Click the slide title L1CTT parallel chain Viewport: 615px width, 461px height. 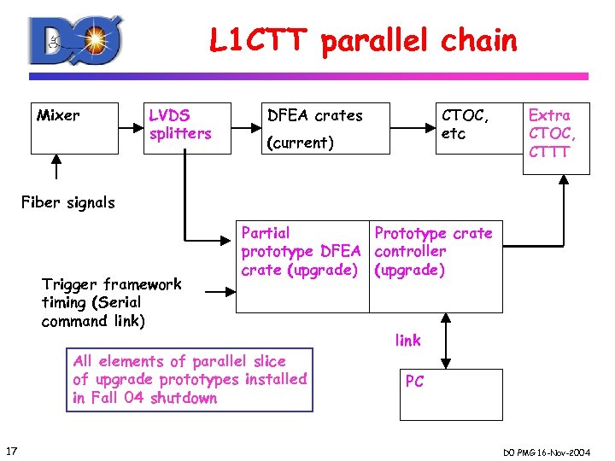pyautogui.click(x=363, y=40)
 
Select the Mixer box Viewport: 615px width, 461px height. pyautogui.click(x=73, y=128)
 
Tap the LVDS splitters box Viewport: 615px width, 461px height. pyautogui.click(x=189, y=128)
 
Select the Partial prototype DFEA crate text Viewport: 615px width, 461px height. pyautogui.click(x=300, y=251)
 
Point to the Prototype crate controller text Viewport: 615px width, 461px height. pyautogui.click(x=433, y=251)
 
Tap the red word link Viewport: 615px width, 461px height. pyautogui.click(x=407, y=341)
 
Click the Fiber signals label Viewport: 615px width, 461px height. pyautogui.click(x=67, y=202)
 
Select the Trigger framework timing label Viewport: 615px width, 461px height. pyautogui.click(x=111, y=302)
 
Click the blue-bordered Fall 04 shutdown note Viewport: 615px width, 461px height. pyautogui.click(x=190, y=379)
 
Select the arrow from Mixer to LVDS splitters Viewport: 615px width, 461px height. pyautogui.click(x=129, y=129)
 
